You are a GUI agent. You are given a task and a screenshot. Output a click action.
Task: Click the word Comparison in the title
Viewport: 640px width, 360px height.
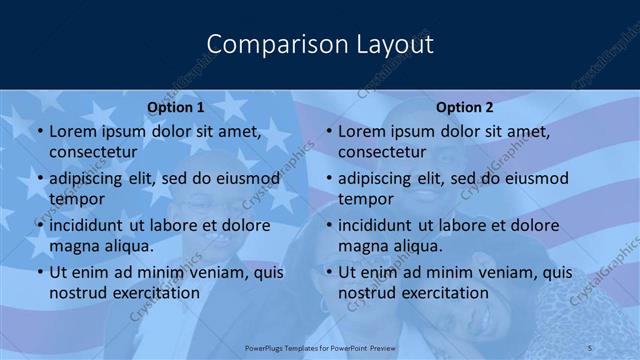coord(267,44)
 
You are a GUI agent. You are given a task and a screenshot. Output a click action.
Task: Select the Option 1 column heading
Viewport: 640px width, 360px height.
coord(176,107)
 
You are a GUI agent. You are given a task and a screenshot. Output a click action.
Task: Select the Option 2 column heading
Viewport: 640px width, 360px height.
coord(465,107)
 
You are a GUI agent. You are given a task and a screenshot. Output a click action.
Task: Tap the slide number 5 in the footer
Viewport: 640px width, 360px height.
coord(590,347)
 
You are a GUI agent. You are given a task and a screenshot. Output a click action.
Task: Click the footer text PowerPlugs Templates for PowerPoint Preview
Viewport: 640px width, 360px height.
coord(320,347)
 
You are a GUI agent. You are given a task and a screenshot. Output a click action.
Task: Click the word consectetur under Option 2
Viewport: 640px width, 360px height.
coord(381,152)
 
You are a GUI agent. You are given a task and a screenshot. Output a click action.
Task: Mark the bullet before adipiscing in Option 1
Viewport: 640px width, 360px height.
coord(39,179)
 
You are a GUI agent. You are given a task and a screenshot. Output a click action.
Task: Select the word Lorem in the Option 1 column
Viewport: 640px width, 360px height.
coord(72,131)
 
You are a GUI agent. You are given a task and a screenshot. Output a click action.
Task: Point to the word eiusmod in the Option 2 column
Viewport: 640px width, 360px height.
coord(533,178)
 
